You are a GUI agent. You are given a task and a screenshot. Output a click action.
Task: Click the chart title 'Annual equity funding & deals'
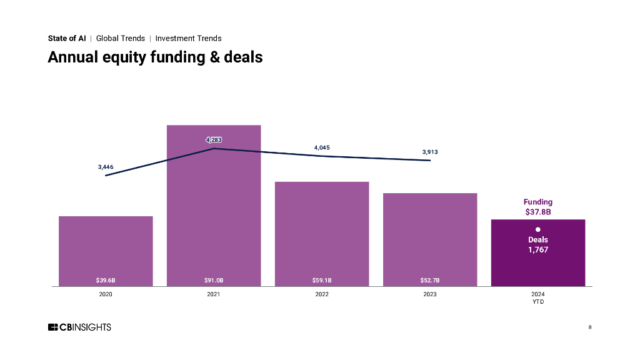tap(155, 57)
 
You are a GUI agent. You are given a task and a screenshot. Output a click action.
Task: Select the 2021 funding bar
tap(214, 206)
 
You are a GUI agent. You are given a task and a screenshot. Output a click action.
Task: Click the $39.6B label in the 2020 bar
tap(106, 280)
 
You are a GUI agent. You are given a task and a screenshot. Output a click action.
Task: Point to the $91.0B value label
tap(214, 280)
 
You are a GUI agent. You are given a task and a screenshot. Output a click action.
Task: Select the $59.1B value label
tap(322, 280)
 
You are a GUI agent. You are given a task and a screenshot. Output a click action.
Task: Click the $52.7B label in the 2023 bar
tap(430, 280)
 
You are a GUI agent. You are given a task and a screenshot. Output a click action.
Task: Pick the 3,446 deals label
tap(106, 167)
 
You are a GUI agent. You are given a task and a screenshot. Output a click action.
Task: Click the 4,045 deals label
tap(322, 147)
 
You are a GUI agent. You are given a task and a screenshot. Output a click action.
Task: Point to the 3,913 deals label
tap(430, 152)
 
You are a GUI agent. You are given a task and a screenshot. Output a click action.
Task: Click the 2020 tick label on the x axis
tap(106, 294)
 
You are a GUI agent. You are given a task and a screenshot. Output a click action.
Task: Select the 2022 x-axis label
tap(322, 294)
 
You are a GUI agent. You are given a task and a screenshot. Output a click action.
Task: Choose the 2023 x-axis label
tap(430, 294)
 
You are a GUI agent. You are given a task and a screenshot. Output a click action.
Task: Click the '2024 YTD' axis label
tap(537, 297)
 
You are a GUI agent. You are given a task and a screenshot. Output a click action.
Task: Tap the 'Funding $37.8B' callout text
tap(537, 207)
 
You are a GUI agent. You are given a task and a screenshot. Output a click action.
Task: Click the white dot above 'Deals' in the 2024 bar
tap(537, 229)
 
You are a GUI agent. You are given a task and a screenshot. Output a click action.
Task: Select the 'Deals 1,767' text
tap(537, 244)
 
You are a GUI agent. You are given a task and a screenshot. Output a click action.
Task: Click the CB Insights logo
tap(79, 327)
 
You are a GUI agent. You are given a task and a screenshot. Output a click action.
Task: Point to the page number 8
tap(590, 327)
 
